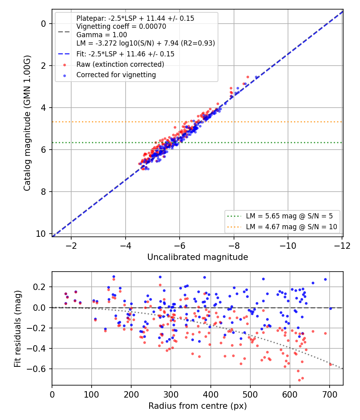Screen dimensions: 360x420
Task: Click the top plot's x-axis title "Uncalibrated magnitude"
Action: (198, 257)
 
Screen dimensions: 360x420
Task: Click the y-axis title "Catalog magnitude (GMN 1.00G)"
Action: (27, 123)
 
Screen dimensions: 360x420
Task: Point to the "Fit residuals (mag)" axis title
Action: (18, 329)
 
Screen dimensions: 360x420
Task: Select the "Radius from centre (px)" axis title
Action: (198, 406)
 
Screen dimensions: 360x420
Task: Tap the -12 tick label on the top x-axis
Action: (342, 246)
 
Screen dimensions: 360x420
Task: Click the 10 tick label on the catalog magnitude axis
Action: (41, 234)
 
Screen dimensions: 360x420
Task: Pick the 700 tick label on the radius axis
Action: (330, 394)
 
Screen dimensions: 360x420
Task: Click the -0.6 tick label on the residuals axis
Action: (37, 369)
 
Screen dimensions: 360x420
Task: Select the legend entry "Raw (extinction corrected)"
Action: (120, 64)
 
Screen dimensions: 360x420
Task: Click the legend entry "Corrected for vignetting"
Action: (116, 75)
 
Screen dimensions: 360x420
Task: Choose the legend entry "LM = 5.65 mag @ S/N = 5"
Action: (289, 216)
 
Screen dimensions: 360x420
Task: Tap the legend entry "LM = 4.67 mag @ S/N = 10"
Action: (292, 227)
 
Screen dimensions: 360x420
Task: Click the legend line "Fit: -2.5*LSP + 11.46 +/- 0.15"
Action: (125, 54)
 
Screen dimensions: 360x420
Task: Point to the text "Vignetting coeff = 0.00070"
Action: (121, 26)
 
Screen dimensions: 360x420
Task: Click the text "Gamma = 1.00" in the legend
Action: (102, 35)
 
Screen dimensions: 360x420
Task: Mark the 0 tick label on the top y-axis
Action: (43, 24)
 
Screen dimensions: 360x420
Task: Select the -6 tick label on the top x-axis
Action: (180, 246)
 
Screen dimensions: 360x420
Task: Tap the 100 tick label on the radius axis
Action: (92, 394)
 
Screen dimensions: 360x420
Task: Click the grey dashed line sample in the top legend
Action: (64, 32)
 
